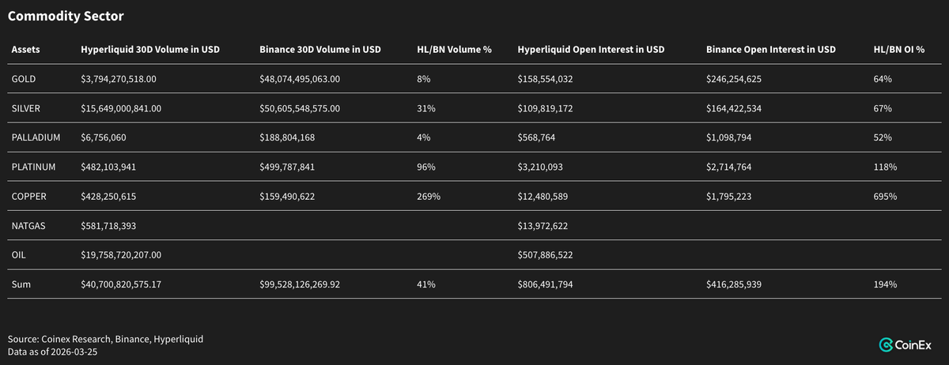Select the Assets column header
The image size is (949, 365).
click(25, 50)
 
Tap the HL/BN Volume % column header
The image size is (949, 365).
click(454, 50)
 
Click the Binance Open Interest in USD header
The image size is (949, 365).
click(770, 50)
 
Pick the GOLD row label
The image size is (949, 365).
click(24, 79)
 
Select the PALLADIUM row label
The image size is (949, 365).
click(36, 137)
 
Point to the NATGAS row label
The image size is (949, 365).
click(28, 225)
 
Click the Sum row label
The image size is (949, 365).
click(21, 284)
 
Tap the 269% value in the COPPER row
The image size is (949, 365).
click(428, 196)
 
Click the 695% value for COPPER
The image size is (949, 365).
click(885, 196)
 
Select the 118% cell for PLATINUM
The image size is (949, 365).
click(885, 167)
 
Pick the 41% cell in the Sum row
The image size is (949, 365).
click(425, 284)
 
